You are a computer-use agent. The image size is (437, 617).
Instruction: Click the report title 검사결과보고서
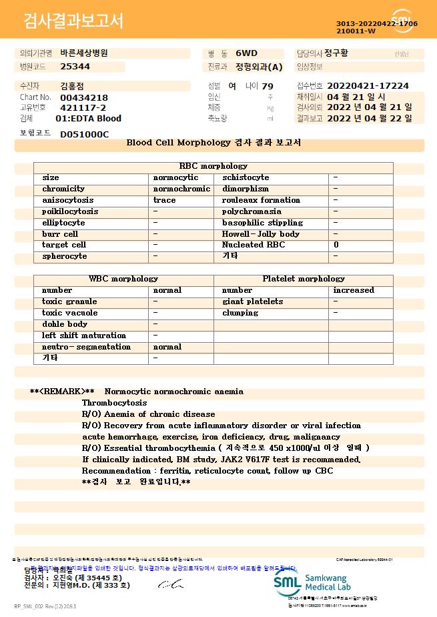coord(74,21)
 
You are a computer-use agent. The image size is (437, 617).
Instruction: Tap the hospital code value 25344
coord(75,67)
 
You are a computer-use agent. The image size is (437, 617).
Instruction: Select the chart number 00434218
coord(84,97)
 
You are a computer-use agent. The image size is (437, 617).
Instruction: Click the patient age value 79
coord(268,87)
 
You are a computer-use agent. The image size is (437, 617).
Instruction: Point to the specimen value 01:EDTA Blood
coord(89,119)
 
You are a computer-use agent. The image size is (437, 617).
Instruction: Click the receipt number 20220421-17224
coord(368,86)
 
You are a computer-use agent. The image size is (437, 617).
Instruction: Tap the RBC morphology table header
coord(213,166)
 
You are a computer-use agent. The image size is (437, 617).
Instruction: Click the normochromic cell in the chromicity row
coord(181,189)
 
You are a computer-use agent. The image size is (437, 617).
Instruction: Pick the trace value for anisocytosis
coord(165,200)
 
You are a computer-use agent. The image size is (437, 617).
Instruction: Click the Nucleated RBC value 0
coord(336,245)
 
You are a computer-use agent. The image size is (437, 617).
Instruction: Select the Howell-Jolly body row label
coord(261,234)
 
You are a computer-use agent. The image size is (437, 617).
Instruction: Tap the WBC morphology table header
coord(123,279)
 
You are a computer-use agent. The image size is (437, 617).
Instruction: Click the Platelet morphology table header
coord(304,279)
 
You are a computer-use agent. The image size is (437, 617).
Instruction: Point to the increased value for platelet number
coord(354,290)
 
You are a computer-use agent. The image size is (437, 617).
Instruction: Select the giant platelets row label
coord(252,301)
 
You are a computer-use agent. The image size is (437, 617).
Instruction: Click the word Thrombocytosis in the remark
coord(114,403)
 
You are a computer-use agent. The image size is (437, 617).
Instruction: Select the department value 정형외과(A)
coord(260,67)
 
